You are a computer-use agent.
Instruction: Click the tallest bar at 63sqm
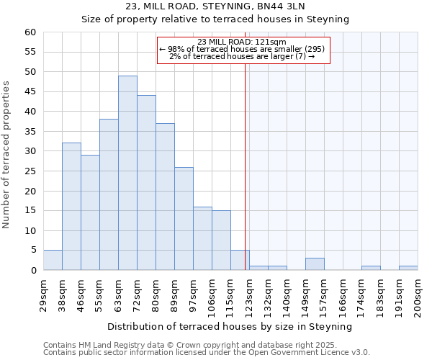click(x=127, y=173)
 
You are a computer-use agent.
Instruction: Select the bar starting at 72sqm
click(x=146, y=183)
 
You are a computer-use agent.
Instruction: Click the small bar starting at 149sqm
click(x=315, y=264)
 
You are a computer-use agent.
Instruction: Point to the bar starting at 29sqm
click(x=53, y=260)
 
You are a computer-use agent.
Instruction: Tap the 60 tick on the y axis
click(x=30, y=32)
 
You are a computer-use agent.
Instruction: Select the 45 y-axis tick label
click(x=30, y=91)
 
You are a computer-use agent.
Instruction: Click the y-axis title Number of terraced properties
click(x=6, y=155)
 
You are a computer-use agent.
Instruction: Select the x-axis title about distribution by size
click(x=230, y=326)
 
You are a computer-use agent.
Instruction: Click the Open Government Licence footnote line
click(x=207, y=353)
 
